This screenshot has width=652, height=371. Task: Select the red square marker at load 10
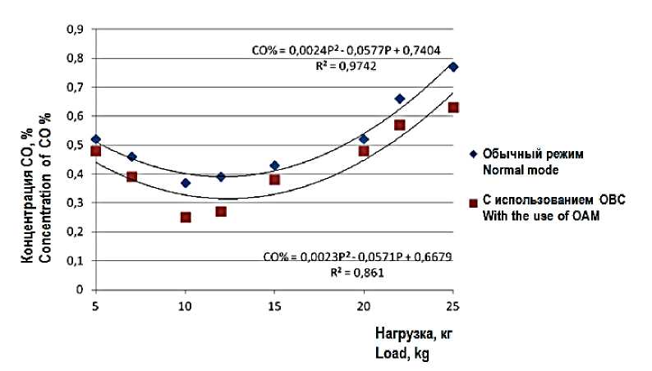(x=186, y=218)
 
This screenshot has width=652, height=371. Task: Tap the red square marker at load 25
(x=453, y=108)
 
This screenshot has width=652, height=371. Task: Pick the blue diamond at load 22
(x=400, y=98)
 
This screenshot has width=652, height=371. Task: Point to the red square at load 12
(x=221, y=212)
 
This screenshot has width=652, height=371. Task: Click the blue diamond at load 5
(x=96, y=139)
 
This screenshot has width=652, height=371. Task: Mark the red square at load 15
(x=275, y=180)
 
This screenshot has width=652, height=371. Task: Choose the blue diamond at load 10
(x=186, y=183)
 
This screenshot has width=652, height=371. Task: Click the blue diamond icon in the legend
(x=470, y=153)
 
